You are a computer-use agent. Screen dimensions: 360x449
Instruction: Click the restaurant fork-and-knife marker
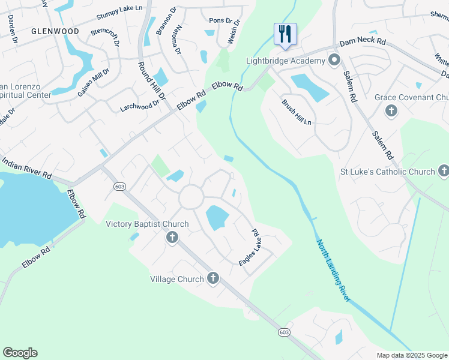tap(285, 34)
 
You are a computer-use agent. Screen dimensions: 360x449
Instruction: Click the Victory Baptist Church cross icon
tap(172, 238)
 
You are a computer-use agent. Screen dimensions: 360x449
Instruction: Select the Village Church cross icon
tap(213, 278)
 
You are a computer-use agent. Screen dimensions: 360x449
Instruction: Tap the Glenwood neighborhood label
tap(55, 31)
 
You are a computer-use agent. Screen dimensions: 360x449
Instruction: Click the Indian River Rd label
tap(26, 168)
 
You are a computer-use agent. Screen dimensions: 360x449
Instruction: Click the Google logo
tap(20, 353)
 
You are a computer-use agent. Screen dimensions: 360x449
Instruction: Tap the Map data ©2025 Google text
tap(412, 355)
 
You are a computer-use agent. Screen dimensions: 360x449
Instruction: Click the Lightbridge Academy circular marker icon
tap(334, 60)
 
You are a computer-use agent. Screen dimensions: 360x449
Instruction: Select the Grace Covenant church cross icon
tap(391, 110)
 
